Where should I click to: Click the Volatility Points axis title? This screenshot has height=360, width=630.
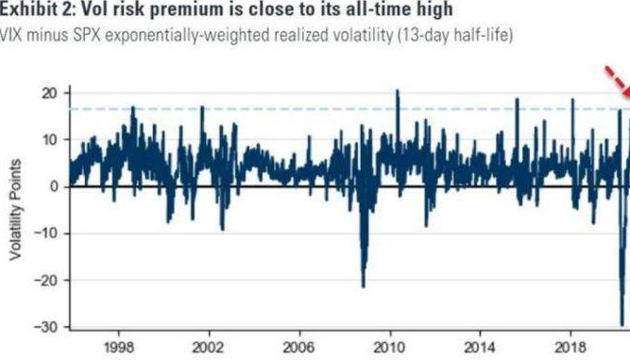[15, 210]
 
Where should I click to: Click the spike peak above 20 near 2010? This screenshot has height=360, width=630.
[398, 91]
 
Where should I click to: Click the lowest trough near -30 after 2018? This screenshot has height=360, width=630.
[622, 324]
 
